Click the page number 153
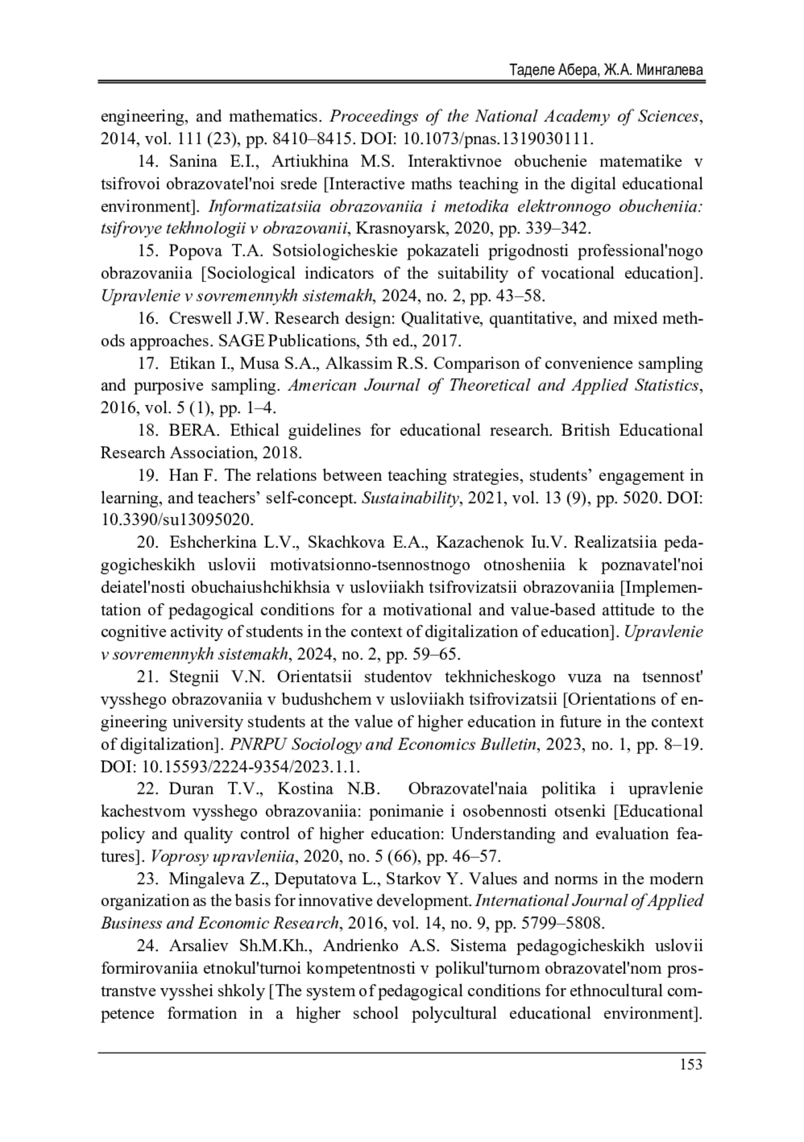click(x=690, y=1063)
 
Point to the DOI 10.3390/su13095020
click(x=177, y=520)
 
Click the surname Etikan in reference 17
click(x=190, y=363)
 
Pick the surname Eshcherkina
click(x=212, y=542)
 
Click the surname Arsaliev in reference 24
click(x=197, y=946)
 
